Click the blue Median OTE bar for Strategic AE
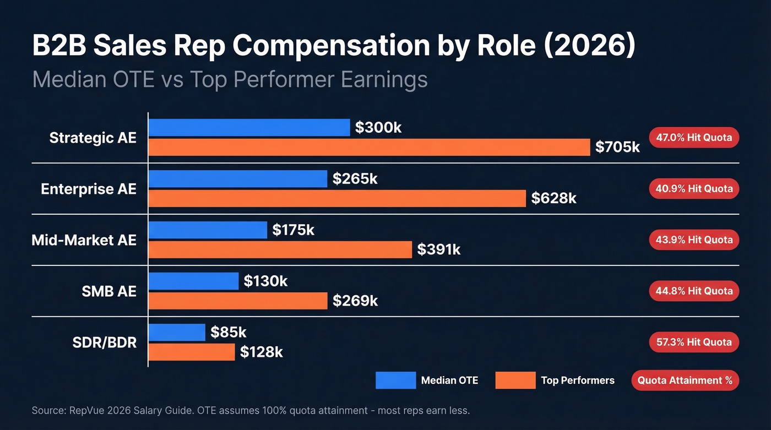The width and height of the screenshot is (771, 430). pos(249,128)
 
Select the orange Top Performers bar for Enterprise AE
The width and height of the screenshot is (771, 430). pos(337,198)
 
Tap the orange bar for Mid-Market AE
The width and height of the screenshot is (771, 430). pos(280,249)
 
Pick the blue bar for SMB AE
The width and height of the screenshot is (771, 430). pos(193,281)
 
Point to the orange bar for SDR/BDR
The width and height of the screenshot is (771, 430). pos(192,352)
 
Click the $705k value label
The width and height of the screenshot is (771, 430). pos(617,147)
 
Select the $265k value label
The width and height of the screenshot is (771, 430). pos(355,179)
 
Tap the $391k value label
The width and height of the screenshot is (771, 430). pos(438,249)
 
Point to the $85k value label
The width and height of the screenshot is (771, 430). pos(228,332)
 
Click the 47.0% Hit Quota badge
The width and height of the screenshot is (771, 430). pos(694,137)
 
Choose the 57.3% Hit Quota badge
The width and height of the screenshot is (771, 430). pos(694,342)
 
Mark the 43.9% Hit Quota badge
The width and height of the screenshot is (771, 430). pos(694,240)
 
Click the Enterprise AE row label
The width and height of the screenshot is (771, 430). pos(88,189)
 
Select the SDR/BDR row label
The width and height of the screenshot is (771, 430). pos(104,342)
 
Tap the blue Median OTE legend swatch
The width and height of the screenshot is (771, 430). pos(395,380)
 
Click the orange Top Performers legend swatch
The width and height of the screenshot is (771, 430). pos(515,380)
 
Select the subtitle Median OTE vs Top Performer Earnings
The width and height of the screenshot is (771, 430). pos(230,79)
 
